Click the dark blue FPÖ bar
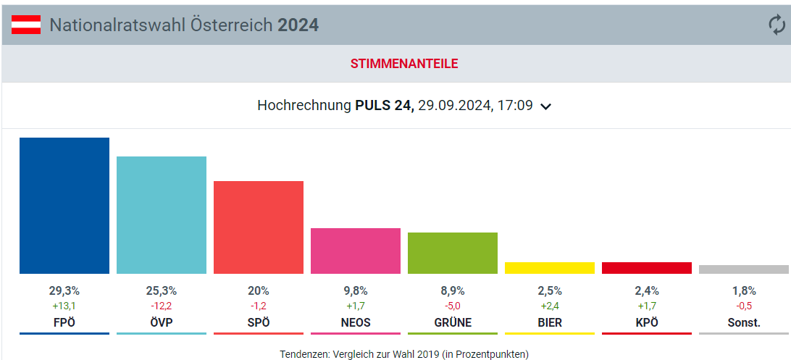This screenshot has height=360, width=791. (64, 206)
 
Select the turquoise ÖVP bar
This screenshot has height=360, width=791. (162, 215)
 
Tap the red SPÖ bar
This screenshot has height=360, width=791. (259, 227)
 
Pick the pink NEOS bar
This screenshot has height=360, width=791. (356, 251)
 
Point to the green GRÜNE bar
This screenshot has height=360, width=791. (453, 253)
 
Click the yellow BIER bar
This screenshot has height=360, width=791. (550, 268)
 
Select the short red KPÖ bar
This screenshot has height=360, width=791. (647, 268)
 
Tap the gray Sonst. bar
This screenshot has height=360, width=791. (744, 269)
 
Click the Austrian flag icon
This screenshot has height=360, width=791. (26, 25)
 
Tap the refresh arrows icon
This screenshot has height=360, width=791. (777, 25)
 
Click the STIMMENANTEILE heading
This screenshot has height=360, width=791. (404, 64)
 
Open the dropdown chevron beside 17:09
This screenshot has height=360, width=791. (546, 106)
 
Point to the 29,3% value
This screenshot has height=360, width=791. (64, 290)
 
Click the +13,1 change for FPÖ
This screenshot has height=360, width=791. (64, 306)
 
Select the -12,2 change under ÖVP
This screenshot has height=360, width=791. (162, 306)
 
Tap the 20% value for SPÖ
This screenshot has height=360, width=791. (259, 290)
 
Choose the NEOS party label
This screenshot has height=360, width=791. (356, 322)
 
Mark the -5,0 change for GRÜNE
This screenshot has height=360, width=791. (453, 306)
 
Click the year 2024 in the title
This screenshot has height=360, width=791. (298, 25)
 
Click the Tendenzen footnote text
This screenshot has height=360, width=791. (404, 354)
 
